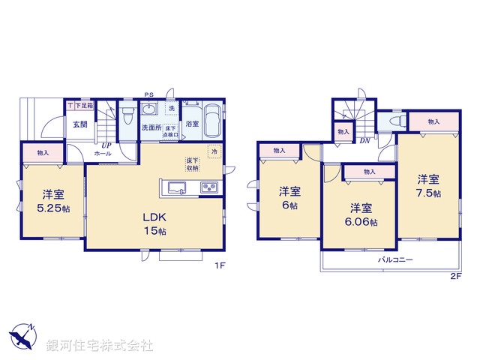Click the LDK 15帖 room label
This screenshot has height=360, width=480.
156,224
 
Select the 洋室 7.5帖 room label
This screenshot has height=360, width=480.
428,186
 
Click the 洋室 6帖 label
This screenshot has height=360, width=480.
290,195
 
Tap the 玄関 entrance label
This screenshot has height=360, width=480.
80,124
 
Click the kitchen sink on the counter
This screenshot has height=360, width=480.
177,187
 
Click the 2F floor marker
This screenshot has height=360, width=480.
455,276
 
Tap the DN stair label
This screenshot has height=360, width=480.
364,140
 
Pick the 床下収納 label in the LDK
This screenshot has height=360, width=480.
193,164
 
